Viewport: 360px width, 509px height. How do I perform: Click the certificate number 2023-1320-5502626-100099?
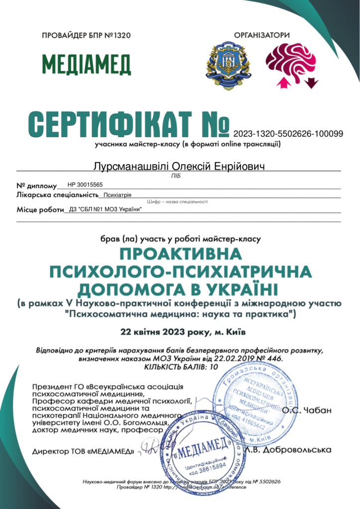tap(288, 133)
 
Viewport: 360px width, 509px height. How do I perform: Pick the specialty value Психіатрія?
tap(117, 195)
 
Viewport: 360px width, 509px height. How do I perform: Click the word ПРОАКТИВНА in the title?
tap(180, 254)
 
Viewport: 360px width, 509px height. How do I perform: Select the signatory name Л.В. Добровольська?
tap(295, 450)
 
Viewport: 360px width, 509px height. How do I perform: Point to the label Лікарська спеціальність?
tap(57, 195)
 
